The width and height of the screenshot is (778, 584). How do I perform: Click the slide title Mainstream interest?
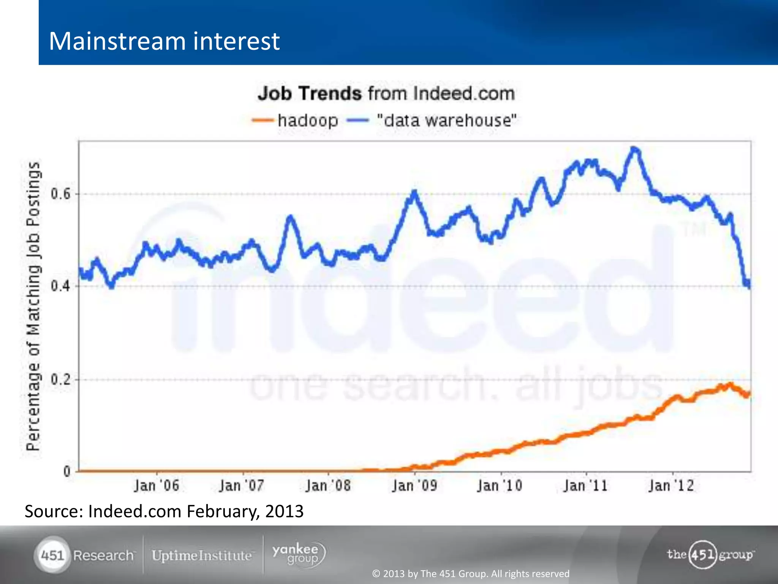pos(164,41)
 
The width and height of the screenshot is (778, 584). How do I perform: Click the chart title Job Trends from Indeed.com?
pos(386,94)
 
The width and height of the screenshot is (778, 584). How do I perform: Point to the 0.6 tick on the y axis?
pos(61,194)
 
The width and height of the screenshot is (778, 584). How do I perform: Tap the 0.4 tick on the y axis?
pos(61,286)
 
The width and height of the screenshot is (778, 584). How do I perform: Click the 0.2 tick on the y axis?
pos(61,379)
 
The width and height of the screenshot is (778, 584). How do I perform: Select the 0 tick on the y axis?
pos(67,472)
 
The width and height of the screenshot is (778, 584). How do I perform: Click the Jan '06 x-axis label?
pos(156,486)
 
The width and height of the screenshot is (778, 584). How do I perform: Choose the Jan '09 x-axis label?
pos(414,486)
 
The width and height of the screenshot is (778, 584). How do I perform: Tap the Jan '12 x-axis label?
pos(671,486)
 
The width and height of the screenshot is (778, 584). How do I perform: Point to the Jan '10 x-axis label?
pos(500,486)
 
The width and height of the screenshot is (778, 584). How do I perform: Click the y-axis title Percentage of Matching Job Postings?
pos(33,306)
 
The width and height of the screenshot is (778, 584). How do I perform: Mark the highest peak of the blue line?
pos(634,148)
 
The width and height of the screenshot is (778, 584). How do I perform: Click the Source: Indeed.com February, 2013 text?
pos(164,511)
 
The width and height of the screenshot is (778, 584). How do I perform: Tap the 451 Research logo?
pos(84,555)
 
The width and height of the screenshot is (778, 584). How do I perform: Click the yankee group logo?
pos(299,555)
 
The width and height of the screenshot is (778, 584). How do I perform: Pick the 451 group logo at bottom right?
pos(710,554)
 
